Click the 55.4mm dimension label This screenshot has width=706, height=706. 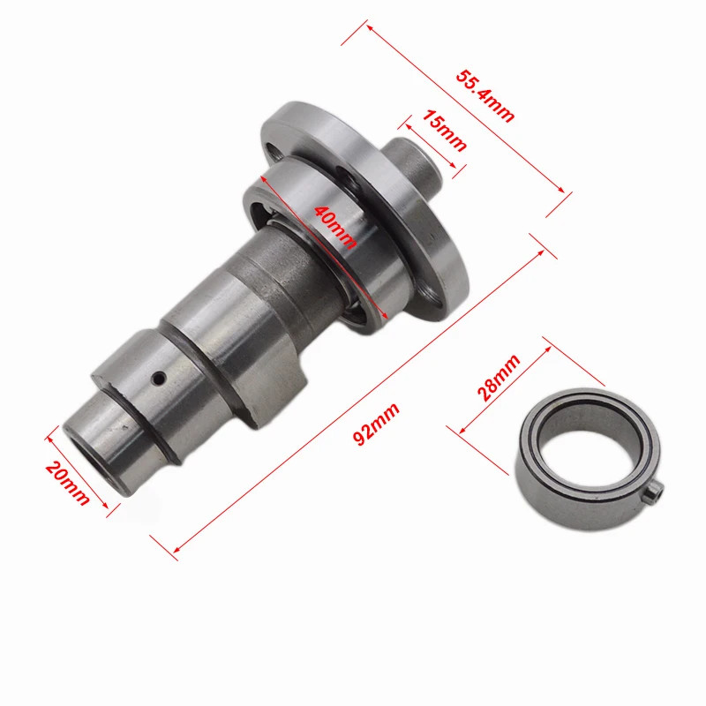pos(484,95)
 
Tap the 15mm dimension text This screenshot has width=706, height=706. pos(444,130)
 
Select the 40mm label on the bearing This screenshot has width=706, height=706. pos(335,227)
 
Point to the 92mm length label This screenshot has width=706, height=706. pos(376,424)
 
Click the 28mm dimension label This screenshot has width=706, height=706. pos(499,378)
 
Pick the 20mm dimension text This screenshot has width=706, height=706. pos(68,483)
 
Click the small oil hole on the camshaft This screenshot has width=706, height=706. pos(159,379)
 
